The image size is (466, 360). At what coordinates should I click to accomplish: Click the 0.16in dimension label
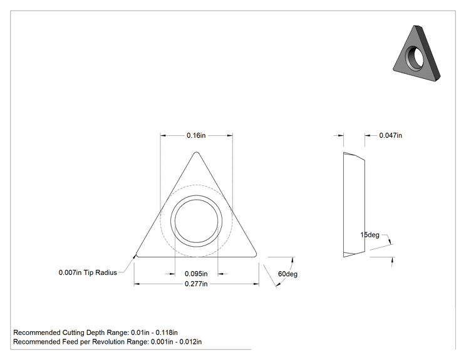pyautogui.click(x=196, y=135)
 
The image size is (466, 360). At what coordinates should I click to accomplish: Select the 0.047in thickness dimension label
pyautogui.click(x=390, y=135)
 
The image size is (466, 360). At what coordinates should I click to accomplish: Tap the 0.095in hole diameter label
pyautogui.click(x=196, y=274)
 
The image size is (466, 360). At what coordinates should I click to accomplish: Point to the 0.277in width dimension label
pyautogui.click(x=196, y=284)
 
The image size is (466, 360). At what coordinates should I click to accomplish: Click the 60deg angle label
pyautogui.click(x=287, y=274)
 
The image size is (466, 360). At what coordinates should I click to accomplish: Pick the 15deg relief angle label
pyautogui.click(x=370, y=235)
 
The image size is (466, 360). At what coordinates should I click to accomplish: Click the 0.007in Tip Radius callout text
pyautogui.click(x=88, y=272)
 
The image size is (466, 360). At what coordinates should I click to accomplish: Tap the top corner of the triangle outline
pyautogui.click(x=196, y=152)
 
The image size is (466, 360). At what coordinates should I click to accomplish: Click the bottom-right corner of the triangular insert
pyautogui.click(x=256, y=255)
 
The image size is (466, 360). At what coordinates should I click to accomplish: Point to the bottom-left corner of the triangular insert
pyautogui.click(x=137, y=255)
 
